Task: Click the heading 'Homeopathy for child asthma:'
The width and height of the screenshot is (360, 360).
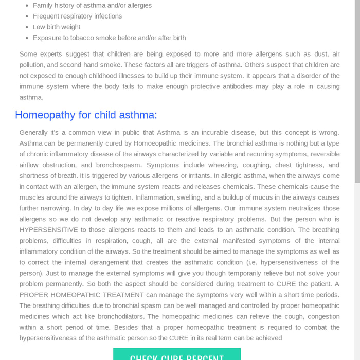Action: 86,115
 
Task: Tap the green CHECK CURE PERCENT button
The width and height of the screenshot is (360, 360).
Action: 177,355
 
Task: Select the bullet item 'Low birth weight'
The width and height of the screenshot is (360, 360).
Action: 57,27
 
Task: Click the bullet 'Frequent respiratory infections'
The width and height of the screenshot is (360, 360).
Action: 77,16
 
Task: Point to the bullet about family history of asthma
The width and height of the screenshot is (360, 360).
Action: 92,5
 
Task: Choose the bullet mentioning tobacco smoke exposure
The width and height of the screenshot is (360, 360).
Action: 109,38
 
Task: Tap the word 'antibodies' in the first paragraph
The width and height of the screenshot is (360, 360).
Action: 248,86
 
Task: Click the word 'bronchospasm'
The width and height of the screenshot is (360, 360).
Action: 118,165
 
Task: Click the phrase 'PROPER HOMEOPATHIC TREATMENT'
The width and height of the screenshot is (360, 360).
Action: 81,295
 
